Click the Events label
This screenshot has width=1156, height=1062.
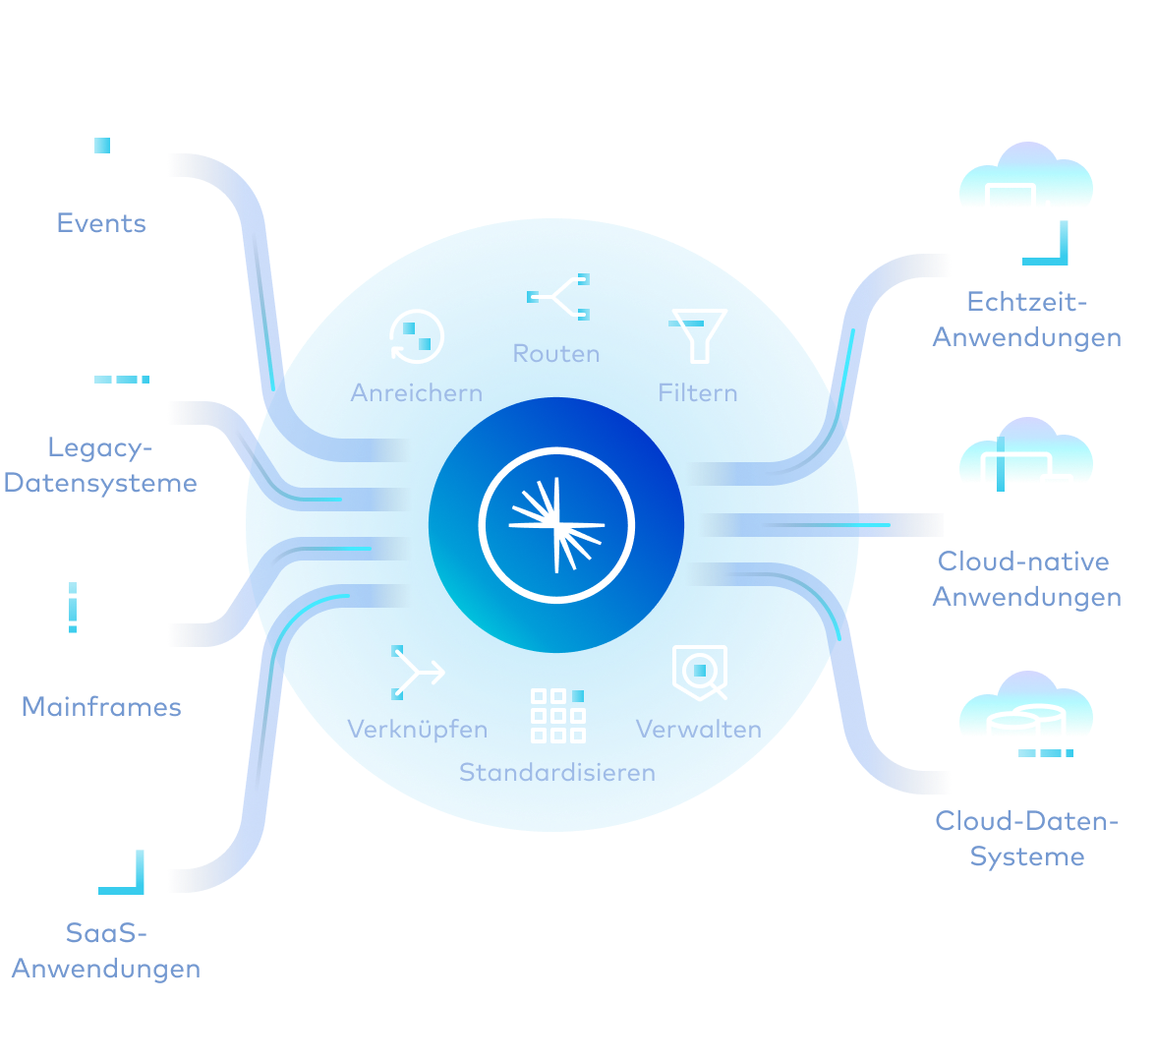click(102, 222)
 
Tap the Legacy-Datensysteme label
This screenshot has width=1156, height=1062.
click(100, 465)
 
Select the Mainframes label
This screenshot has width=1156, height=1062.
click(102, 706)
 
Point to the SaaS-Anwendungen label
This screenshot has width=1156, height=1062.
click(106, 951)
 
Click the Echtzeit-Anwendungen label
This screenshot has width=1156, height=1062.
click(1027, 320)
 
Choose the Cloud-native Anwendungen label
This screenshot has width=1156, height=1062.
click(1027, 579)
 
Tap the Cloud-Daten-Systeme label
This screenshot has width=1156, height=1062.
click(1027, 839)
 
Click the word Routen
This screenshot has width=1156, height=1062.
click(556, 353)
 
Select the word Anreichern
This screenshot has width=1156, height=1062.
click(417, 392)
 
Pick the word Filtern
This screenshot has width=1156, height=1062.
click(698, 392)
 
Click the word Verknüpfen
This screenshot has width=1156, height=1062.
click(417, 729)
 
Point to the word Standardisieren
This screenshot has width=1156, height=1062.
click(557, 772)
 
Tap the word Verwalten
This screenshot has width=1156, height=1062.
click(699, 729)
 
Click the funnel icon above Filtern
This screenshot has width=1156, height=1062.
click(698, 335)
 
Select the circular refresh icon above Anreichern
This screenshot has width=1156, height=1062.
click(417, 337)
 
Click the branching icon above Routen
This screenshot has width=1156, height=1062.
click(558, 297)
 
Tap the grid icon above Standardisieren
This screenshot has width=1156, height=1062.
click(558, 716)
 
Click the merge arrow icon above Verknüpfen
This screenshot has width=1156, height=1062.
click(418, 673)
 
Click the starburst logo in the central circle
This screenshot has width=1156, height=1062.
click(556, 525)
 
